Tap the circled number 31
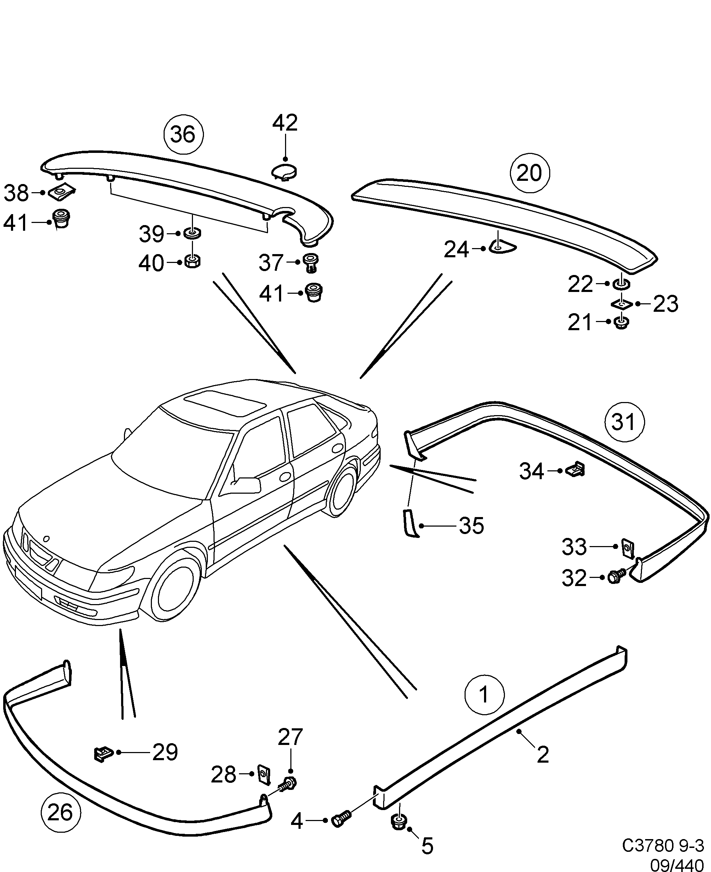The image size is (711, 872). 624,422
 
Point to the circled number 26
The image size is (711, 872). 61,813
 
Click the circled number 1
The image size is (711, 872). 484,695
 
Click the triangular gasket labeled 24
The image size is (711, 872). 503,247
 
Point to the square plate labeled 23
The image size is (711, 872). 622,304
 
